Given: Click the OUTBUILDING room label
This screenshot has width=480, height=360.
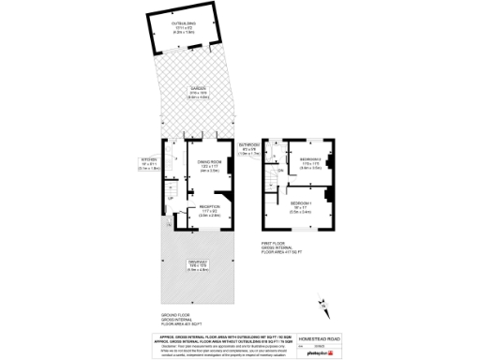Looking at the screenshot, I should pyautogui.click(x=182, y=22).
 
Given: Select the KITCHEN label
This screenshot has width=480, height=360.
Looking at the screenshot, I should pyautogui.click(x=150, y=160).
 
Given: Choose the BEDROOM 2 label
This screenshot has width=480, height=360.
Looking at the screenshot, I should pyautogui.click(x=311, y=160).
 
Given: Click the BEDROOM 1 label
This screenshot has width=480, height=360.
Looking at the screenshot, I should pyautogui.click(x=301, y=203).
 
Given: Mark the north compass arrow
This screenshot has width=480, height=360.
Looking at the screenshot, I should pyautogui.click(x=322, y=302).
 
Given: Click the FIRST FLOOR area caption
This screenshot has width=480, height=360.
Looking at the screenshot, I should pyautogui.click(x=280, y=247).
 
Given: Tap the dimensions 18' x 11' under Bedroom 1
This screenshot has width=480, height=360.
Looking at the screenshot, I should pyautogui.click(x=301, y=209).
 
